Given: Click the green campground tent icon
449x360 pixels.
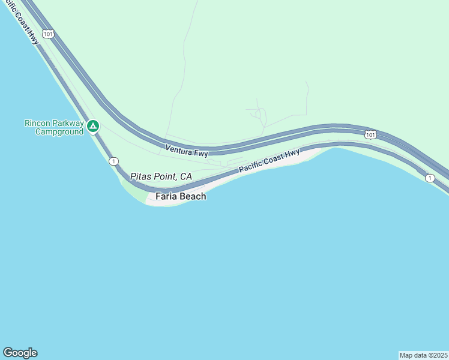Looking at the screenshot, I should click(92, 126).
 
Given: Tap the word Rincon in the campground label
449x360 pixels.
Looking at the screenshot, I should click(37, 123).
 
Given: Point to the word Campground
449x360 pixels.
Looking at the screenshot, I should click(59, 132).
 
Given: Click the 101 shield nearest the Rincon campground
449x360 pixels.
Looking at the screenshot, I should click(49, 34).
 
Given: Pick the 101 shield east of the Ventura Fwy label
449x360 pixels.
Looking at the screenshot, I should click(370, 134).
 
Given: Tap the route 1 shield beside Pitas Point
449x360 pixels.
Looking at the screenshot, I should click(113, 161).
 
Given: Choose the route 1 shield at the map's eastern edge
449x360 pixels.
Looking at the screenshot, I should click(429, 178).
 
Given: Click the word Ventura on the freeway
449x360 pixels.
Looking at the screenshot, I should click(179, 148).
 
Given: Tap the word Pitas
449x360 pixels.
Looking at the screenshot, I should click(140, 176).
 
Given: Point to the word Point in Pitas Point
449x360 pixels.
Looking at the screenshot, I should click(164, 176).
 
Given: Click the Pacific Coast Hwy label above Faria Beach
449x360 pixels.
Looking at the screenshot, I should click(269, 161).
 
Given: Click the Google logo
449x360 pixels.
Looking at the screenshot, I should click(20, 353).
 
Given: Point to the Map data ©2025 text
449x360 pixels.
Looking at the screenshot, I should click(423, 355).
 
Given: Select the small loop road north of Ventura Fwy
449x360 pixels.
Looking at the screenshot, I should click(261, 115).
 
